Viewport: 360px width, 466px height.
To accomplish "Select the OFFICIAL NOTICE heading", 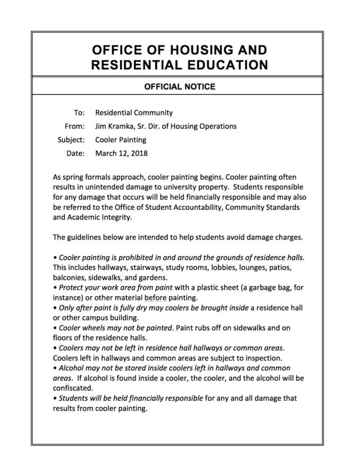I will click(x=179, y=86).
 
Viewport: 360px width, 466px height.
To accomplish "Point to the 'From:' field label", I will click(x=75, y=126).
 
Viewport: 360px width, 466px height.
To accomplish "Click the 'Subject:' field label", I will click(x=71, y=140).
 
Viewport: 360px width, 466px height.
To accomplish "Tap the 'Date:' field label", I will click(x=76, y=153).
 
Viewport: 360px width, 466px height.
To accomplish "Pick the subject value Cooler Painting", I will click(x=121, y=140).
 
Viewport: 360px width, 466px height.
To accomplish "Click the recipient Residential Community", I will click(x=134, y=112).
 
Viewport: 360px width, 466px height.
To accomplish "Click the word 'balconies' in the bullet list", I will click(x=69, y=277).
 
